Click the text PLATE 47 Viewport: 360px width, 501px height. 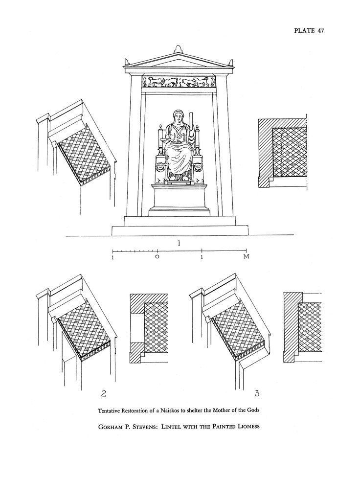[309, 30]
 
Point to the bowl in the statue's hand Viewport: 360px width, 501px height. [167, 141]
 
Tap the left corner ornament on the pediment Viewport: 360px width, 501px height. [128, 62]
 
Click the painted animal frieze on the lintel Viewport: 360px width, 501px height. [179, 82]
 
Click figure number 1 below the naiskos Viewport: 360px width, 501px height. [180, 243]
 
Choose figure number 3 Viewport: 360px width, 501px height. [257, 393]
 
